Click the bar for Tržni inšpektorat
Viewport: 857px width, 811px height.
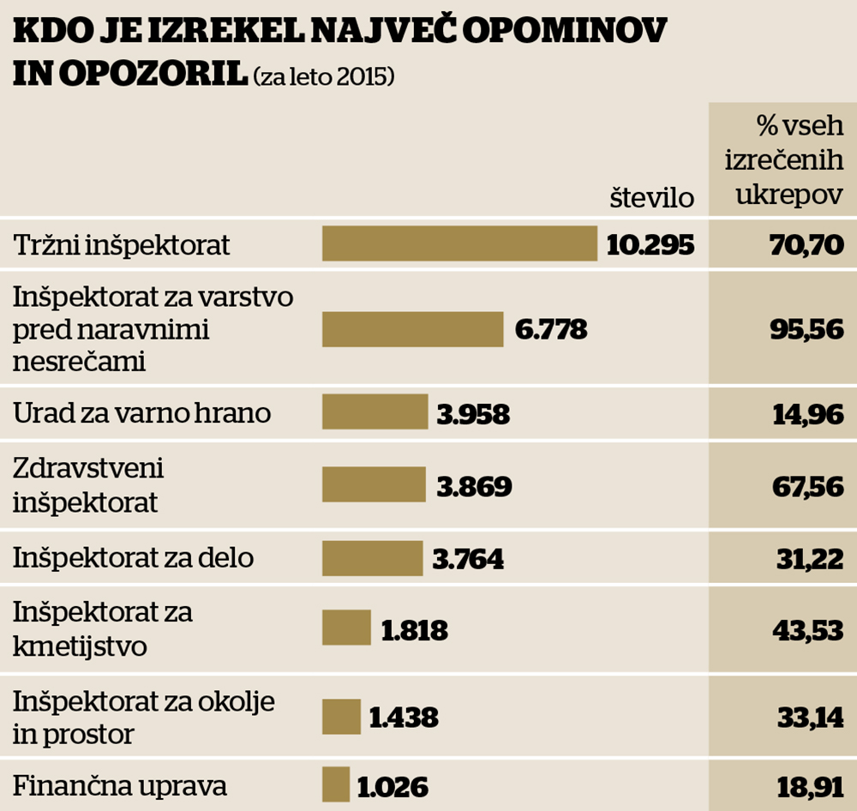click(x=459, y=243)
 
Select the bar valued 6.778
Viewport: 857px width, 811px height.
click(x=412, y=330)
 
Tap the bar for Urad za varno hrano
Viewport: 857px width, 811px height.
click(x=375, y=412)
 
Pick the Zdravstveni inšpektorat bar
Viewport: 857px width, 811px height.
click(x=374, y=484)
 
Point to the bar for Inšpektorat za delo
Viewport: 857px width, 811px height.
click(x=372, y=558)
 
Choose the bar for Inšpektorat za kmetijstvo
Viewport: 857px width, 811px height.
click(x=346, y=628)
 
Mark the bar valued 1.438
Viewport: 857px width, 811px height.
click(x=341, y=717)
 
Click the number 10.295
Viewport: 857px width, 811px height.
click(x=650, y=245)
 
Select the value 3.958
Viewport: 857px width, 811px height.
click(x=473, y=415)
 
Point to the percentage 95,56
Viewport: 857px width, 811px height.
click(x=809, y=330)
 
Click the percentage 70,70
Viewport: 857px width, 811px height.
click(x=809, y=245)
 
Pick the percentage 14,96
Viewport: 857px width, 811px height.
click(x=809, y=415)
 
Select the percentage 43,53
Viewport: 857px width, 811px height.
click(x=809, y=631)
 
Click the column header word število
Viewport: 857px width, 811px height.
click(x=651, y=198)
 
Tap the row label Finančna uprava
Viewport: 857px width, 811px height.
click(x=120, y=786)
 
